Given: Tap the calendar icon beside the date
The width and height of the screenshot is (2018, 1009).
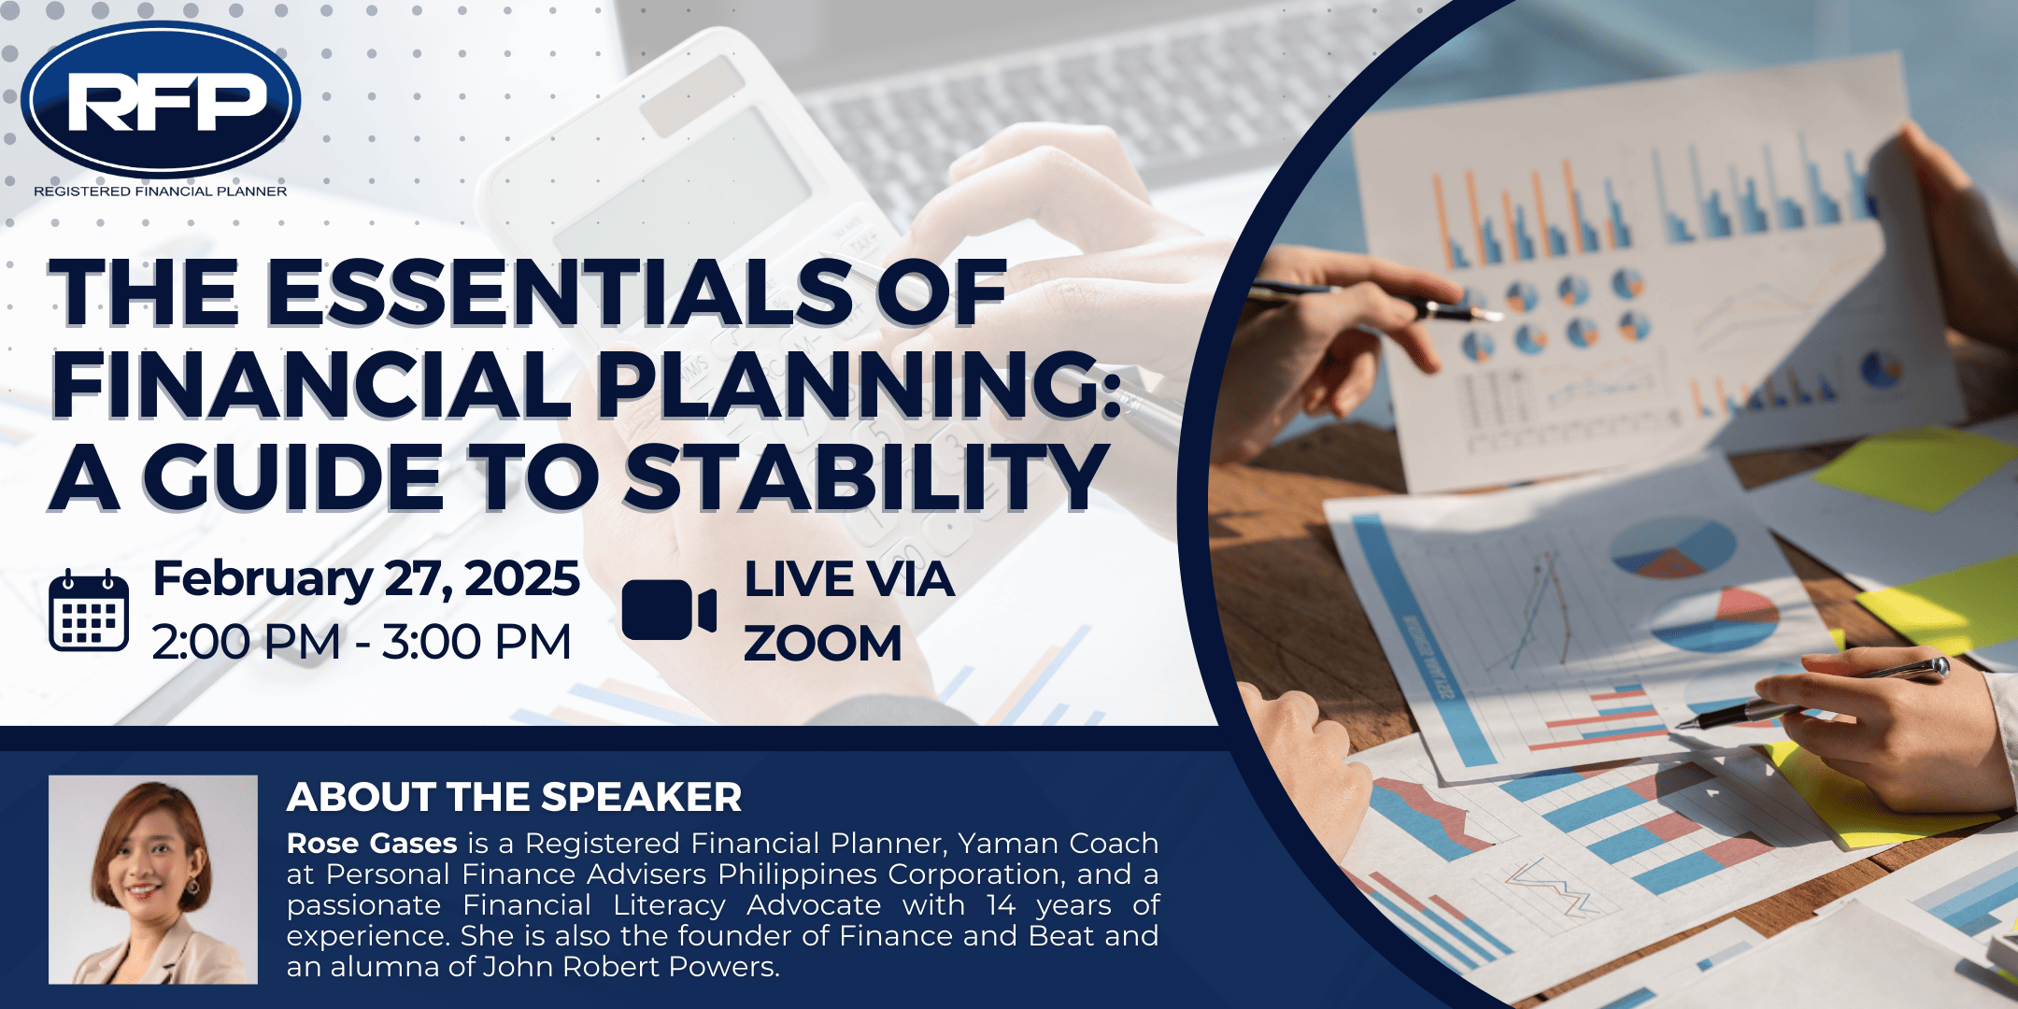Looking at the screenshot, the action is click(x=89, y=609).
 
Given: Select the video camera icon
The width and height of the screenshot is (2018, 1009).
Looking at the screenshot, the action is click(x=669, y=610).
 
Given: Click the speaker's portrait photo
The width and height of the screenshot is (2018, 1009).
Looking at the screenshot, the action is click(x=153, y=879).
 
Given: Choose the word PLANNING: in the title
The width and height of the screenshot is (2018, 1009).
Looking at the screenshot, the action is click(x=859, y=384).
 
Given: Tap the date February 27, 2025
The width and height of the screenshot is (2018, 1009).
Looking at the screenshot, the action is click(x=366, y=579).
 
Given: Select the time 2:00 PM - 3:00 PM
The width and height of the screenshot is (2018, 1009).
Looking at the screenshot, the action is click(x=362, y=643).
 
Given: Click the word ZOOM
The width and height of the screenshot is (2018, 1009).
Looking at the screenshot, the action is click(x=823, y=644).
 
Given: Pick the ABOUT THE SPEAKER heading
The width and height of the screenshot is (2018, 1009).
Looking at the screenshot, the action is click(x=514, y=797).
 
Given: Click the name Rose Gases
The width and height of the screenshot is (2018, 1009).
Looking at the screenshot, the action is click(x=372, y=844).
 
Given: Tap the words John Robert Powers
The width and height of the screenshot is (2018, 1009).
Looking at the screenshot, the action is click(x=631, y=967).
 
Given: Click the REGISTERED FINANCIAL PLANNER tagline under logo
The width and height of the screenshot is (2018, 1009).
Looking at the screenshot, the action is click(x=161, y=192).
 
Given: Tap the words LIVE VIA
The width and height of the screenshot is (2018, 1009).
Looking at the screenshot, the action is click(x=849, y=579).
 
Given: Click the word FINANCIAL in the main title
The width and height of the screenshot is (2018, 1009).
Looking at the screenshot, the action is click(x=311, y=384).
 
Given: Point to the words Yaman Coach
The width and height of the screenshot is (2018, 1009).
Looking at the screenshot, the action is click(x=1059, y=844).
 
